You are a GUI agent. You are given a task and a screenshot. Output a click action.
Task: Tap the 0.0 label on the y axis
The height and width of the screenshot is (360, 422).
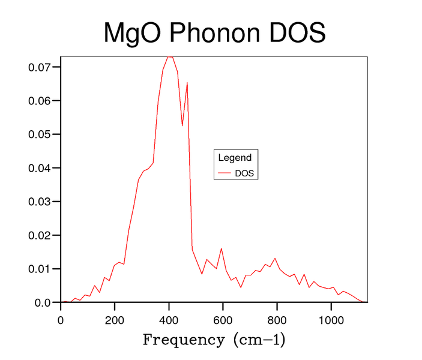43,302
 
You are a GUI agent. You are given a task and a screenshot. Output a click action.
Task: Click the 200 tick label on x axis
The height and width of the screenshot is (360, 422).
115,320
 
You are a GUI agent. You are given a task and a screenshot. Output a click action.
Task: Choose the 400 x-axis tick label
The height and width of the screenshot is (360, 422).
169,320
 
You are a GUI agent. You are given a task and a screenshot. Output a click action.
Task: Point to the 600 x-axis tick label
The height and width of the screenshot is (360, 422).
223,320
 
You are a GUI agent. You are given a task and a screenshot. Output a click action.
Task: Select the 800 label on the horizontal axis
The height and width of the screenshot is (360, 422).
277,320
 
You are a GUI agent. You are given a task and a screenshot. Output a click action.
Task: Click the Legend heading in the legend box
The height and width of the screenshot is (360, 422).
235,158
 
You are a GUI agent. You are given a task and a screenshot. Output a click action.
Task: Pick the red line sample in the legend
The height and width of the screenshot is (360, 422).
225,173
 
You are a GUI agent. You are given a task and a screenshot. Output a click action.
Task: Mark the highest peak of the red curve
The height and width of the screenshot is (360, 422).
170,57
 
